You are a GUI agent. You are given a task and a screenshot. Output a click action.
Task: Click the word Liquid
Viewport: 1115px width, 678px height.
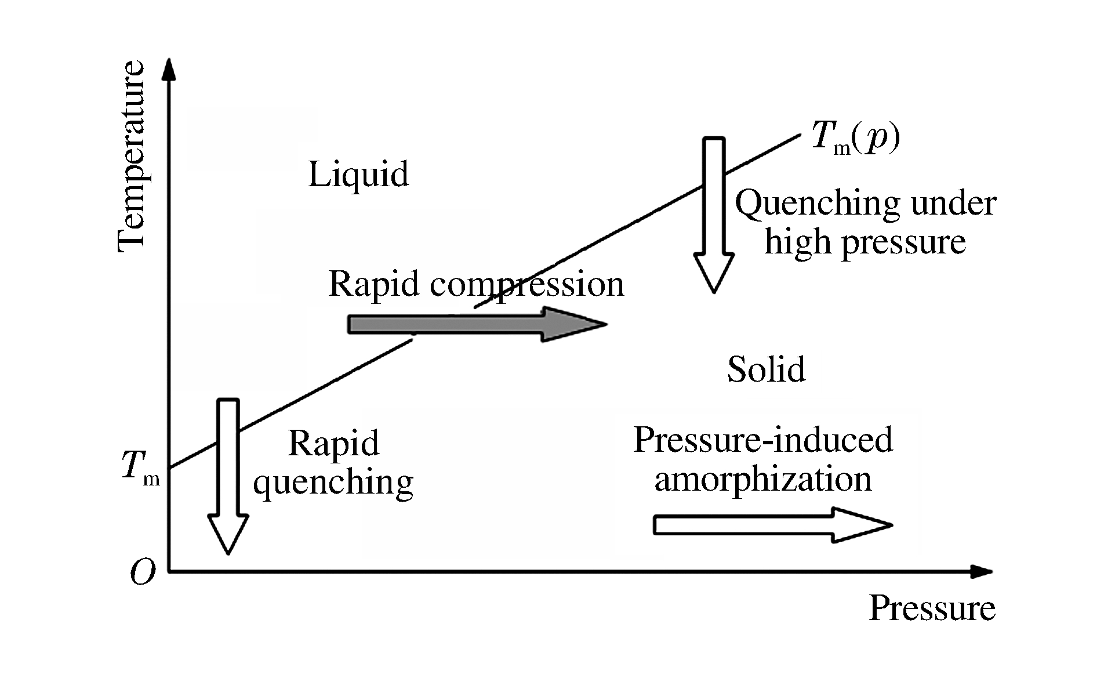pyautogui.click(x=358, y=174)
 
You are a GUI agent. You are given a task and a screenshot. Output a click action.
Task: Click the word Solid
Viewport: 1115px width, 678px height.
pyautogui.click(x=766, y=369)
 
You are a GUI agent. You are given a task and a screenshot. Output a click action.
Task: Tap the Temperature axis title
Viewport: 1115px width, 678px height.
pyautogui.click(x=131, y=157)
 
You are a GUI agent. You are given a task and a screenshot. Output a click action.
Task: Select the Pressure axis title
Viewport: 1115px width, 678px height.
pyautogui.click(x=932, y=608)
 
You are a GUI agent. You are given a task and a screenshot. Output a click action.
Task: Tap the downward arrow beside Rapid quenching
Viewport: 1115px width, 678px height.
pyautogui.click(x=228, y=476)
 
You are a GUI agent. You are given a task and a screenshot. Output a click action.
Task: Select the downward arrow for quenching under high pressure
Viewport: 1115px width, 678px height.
pyautogui.click(x=714, y=215)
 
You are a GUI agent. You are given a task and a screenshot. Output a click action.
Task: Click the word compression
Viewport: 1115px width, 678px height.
pyautogui.click(x=526, y=285)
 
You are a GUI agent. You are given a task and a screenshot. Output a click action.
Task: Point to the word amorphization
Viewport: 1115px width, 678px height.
pyautogui.click(x=762, y=480)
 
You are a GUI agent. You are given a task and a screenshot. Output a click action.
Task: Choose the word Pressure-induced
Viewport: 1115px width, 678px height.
pyautogui.click(x=762, y=440)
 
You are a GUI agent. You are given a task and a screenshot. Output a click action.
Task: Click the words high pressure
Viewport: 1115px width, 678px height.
pyautogui.click(x=865, y=242)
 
